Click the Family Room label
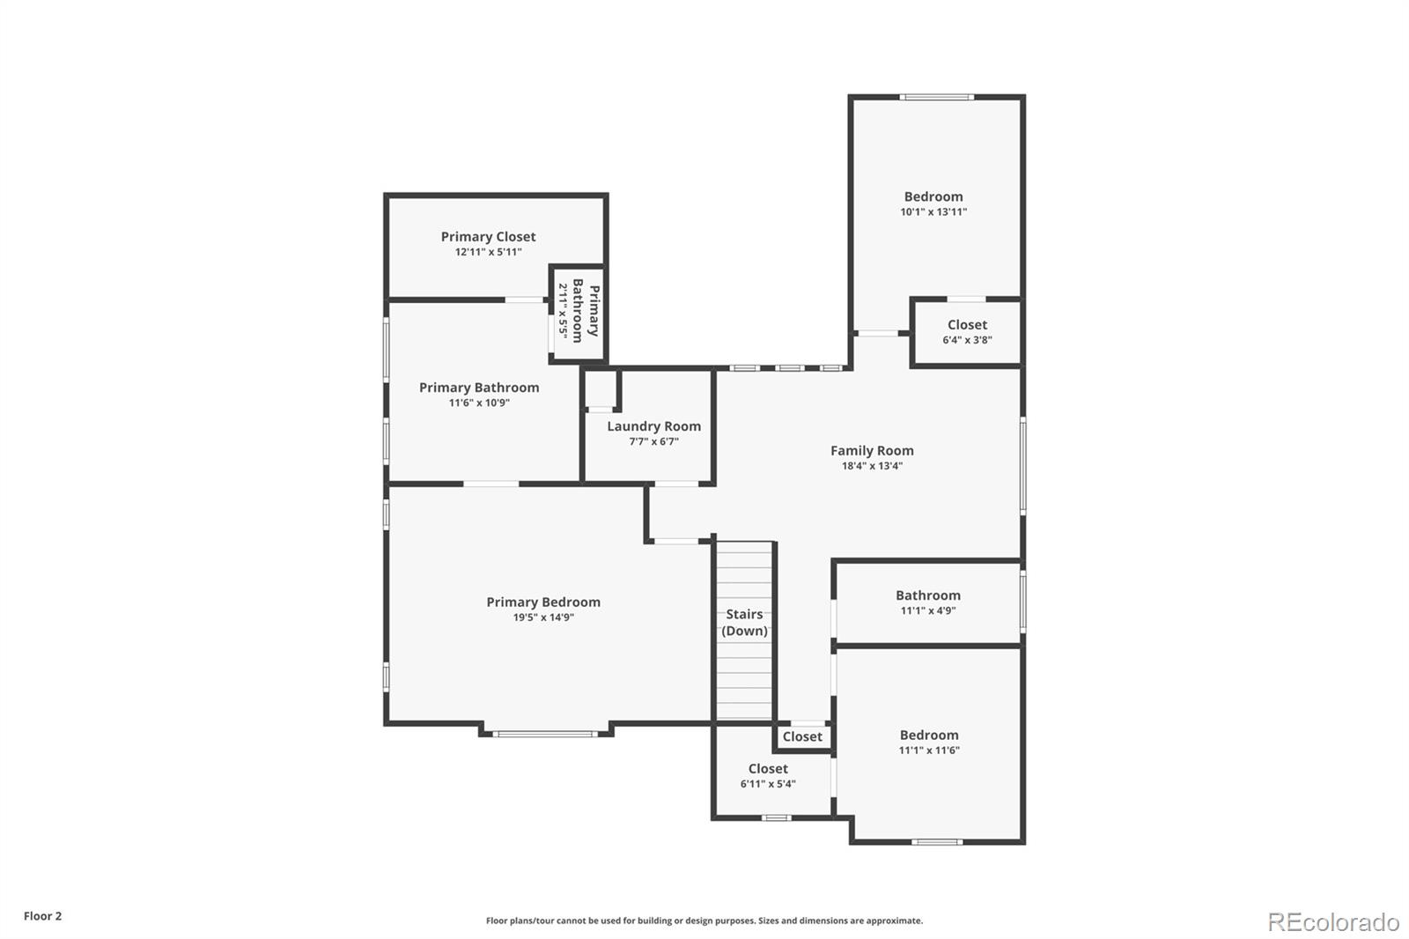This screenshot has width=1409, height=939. tap(872, 450)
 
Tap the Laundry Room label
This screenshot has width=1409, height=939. tap(653, 426)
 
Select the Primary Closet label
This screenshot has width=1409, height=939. tap(488, 236)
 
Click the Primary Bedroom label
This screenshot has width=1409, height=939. tap(543, 603)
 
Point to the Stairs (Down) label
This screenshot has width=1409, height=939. tap(744, 623)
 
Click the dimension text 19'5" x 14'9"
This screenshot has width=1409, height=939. tap(543, 618)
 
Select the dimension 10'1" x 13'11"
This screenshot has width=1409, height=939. tap(933, 212)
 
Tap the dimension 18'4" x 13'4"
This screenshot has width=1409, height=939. tap(872, 466)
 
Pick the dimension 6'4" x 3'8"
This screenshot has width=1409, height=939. tap(967, 340)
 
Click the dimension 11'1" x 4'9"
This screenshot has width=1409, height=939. tap(928, 610)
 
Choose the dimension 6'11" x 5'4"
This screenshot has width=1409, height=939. tap(768, 784)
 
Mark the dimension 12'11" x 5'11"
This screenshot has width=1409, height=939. tap(488, 252)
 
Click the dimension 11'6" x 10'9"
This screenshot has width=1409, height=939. tap(479, 403)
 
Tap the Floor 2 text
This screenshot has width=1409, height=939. tap(42, 916)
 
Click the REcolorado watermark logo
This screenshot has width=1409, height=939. tap(1333, 921)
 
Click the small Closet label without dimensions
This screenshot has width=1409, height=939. tap(802, 736)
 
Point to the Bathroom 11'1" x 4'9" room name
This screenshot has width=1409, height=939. tap(928, 595)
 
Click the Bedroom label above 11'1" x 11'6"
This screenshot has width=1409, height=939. tap(929, 736)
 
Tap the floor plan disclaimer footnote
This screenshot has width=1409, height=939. tap(704, 921)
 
